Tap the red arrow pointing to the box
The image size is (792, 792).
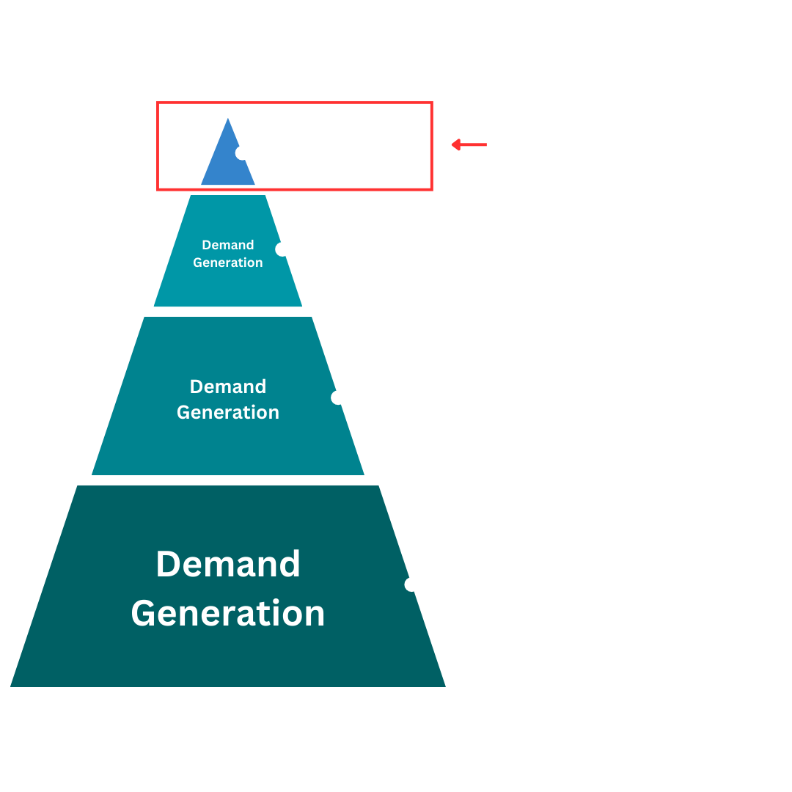(469, 145)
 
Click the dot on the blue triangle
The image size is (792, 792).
(243, 153)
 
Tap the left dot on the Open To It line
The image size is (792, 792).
(282, 249)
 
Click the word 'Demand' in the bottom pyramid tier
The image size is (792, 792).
(228, 564)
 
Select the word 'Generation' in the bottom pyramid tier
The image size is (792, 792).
(228, 613)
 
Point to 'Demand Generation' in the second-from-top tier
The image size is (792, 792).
(228, 254)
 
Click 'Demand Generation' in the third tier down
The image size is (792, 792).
(228, 399)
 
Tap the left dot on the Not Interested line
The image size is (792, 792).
(411, 584)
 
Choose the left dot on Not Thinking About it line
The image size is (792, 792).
(338, 397)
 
